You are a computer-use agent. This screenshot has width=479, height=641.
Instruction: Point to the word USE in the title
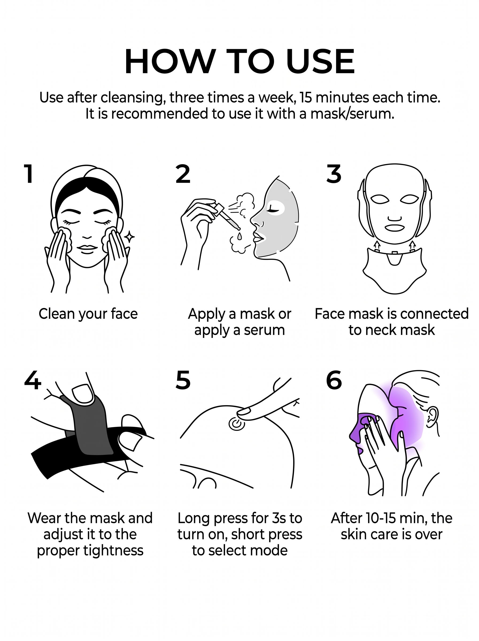click(x=320, y=62)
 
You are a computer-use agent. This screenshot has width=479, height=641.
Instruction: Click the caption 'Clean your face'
click(x=88, y=314)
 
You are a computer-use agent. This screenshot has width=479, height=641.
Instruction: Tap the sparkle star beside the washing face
click(x=129, y=237)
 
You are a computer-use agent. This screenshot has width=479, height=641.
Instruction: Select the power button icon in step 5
click(x=237, y=424)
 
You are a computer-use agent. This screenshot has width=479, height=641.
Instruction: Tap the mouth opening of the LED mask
click(x=394, y=228)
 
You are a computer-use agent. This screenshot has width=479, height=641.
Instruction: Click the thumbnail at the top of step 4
click(x=83, y=394)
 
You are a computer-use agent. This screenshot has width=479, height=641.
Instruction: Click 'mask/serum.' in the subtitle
click(x=352, y=114)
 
